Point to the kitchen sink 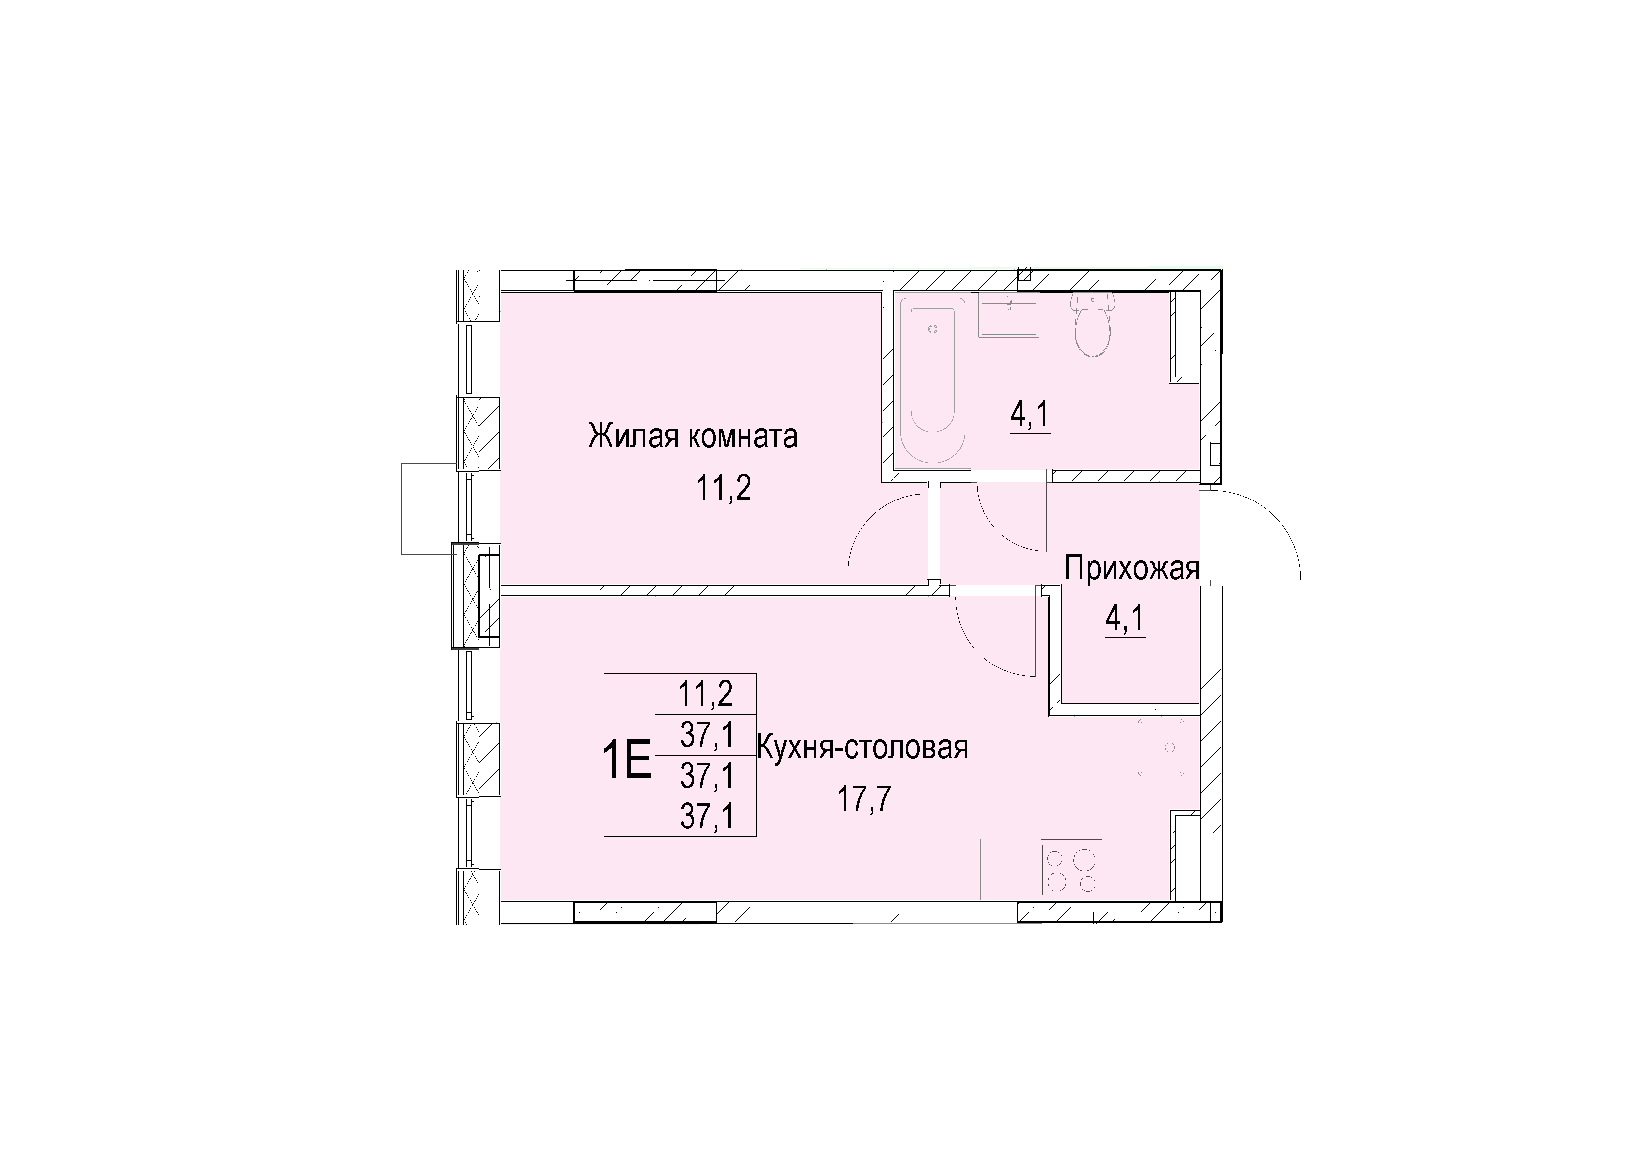1161,748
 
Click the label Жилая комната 693,436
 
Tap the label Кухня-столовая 863,748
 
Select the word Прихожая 1132,568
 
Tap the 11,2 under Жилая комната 723,489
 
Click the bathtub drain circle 933,329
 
